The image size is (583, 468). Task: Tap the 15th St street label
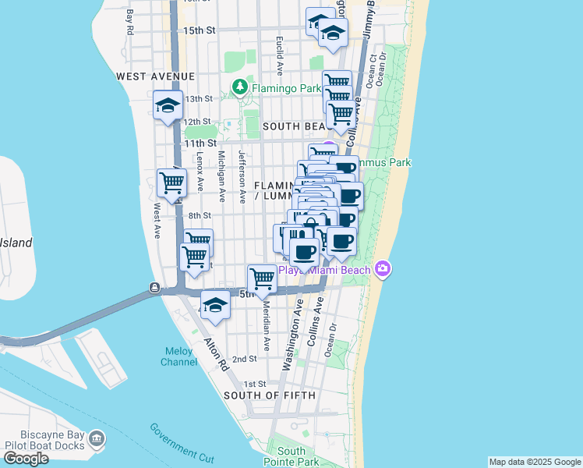(199, 30)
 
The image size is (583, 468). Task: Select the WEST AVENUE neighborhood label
(155, 76)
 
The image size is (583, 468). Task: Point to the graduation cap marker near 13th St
(168, 106)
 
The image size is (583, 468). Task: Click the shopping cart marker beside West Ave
(171, 185)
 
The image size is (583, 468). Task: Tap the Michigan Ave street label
(221, 177)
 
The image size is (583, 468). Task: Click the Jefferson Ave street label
(242, 177)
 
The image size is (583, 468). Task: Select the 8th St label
(200, 216)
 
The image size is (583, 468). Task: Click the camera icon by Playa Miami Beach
(383, 269)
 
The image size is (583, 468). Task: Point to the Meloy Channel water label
(178, 356)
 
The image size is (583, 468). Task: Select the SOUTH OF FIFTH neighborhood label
(270, 395)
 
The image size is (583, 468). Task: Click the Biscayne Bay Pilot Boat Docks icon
(97, 441)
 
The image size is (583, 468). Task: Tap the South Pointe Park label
(291, 457)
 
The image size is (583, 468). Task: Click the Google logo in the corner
(26, 459)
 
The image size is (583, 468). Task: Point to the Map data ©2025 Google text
(534, 462)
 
